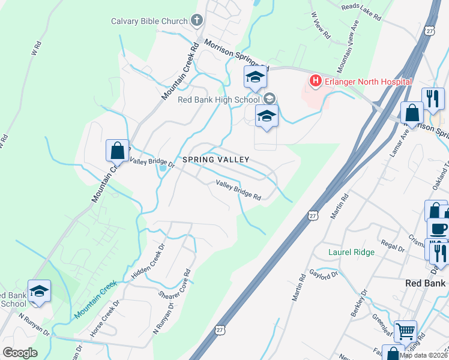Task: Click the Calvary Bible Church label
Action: pos(149,22)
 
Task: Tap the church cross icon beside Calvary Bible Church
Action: pos(196,22)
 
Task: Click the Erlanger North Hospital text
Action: pos(368,82)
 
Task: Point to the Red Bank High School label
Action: pos(218,99)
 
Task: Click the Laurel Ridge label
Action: pos(351,253)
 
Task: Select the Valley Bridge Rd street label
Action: pos(238,191)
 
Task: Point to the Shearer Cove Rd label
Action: pos(175,285)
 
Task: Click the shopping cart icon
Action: pos(406,330)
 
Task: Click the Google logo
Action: pos(20,353)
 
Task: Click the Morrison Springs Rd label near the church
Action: pos(235,55)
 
